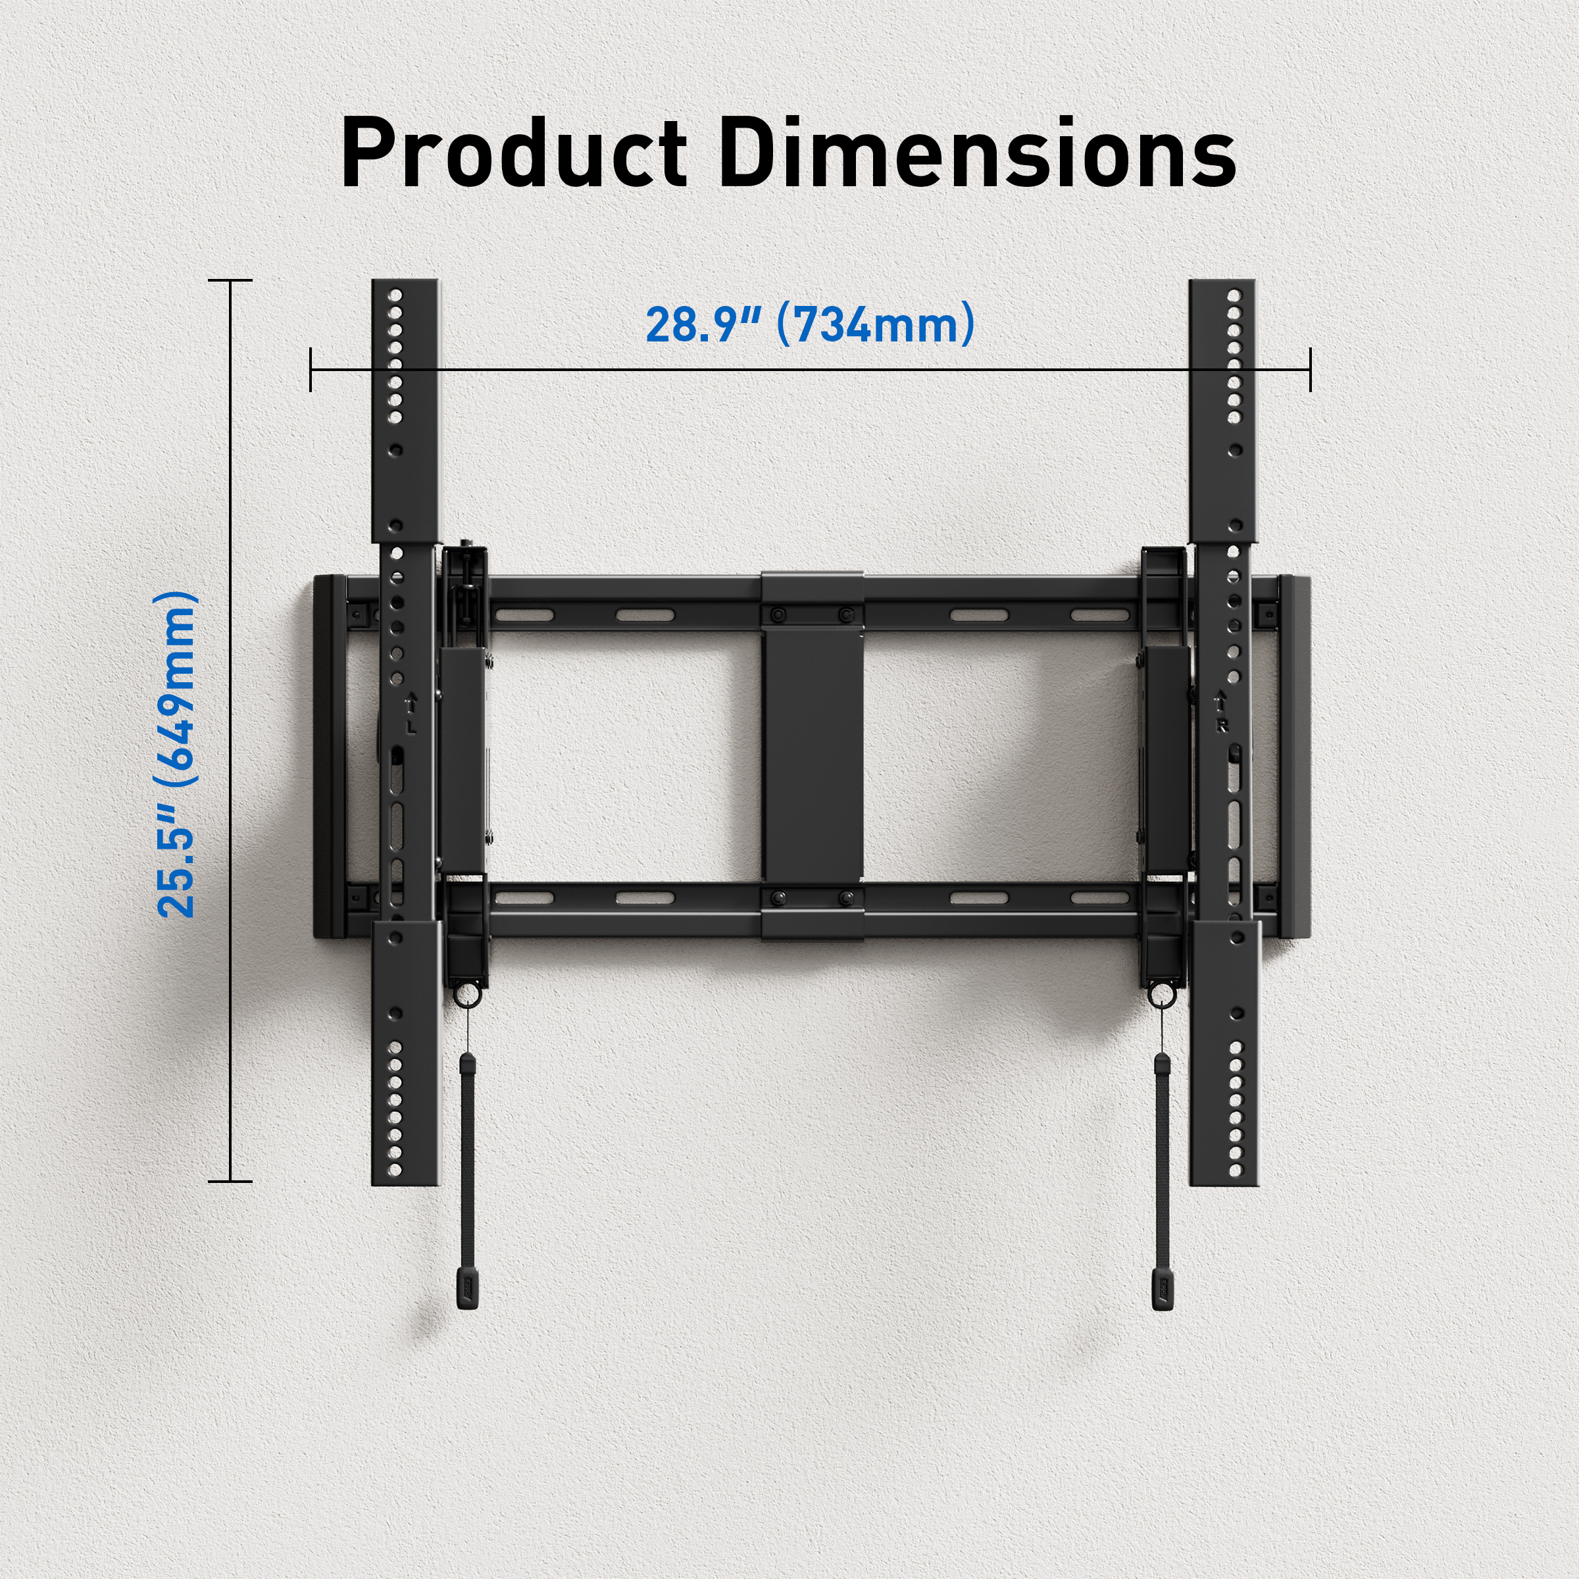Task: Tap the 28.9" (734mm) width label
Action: (810, 324)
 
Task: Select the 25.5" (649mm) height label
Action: (176, 753)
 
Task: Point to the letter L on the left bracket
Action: (411, 726)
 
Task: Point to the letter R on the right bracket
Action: (1222, 726)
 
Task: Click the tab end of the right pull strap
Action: (1162, 1290)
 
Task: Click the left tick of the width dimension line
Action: (311, 368)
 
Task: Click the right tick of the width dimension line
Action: (1310, 368)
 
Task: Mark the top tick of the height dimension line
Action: (230, 280)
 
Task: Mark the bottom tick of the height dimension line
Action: (230, 1181)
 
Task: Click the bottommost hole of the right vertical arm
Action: (1235, 1172)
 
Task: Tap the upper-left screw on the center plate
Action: (777, 614)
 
